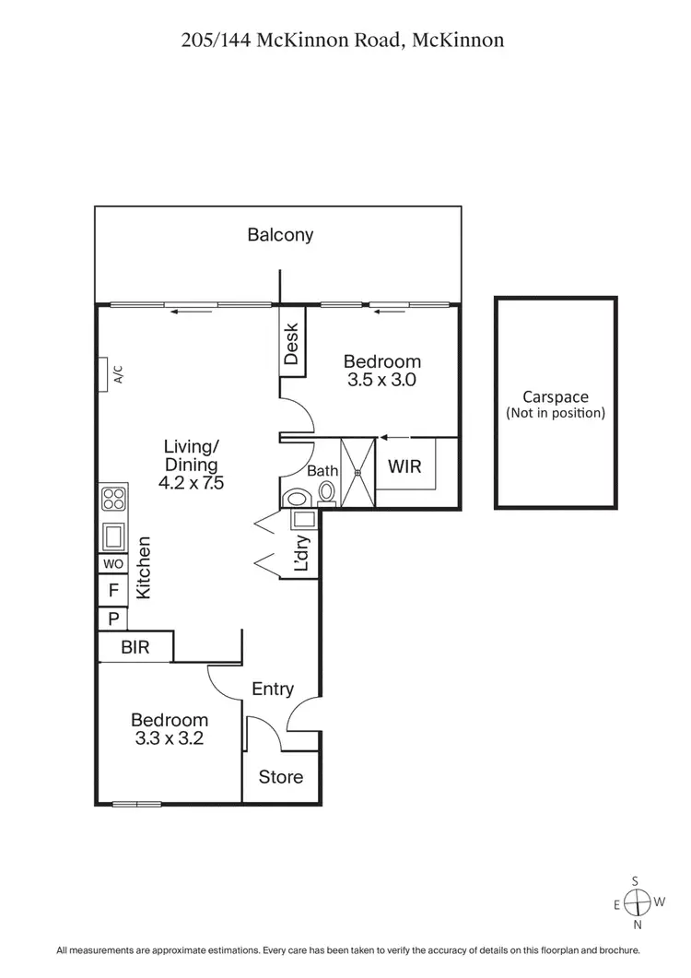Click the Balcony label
click(x=280, y=235)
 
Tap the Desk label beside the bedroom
click(x=292, y=344)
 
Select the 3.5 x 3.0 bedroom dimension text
click(x=381, y=379)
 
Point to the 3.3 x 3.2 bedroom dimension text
click(x=169, y=737)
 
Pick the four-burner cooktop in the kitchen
click(x=113, y=499)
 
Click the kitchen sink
click(x=113, y=535)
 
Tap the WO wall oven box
click(x=112, y=563)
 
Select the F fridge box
click(x=112, y=590)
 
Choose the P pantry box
click(x=112, y=619)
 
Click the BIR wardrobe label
click(x=135, y=647)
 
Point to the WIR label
click(x=404, y=466)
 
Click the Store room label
click(x=280, y=777)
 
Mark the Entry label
click(x=273, y=689)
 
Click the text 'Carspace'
click(x=555, y=397)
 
